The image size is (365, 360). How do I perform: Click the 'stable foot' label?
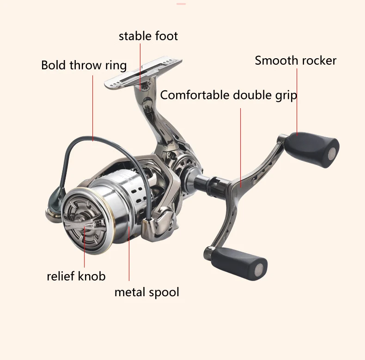[148, 36]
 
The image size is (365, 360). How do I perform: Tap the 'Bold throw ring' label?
[84, 65]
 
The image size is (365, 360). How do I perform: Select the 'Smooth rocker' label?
[295, 61]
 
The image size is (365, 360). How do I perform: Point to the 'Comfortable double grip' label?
[228, 96]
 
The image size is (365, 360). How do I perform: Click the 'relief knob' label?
[76, 276]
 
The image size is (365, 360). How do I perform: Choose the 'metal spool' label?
[146, 292]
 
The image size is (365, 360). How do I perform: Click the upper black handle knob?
[312, 149]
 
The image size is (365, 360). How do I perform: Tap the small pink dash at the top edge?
[181, 4]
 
